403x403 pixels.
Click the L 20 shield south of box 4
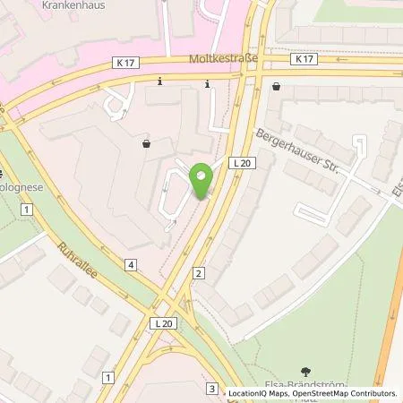(x=161, y=322)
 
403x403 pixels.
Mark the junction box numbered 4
(x=131, y=264)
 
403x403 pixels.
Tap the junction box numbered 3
(x=210, y=388)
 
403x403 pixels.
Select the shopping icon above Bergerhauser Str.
(x=275, y=87)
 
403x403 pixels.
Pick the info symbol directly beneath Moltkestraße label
(x=208, y=84)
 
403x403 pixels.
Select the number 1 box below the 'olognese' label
(x=28, y=209)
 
